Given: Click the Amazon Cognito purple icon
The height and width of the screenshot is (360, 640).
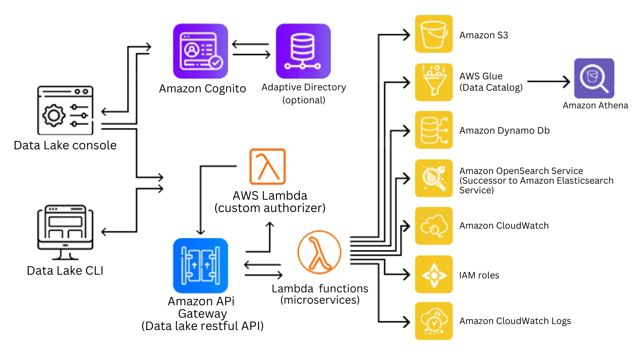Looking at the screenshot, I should pos(200,51).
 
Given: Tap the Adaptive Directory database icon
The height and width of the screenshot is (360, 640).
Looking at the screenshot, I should pos(303,51).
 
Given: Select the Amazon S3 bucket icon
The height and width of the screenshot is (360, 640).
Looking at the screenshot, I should pos(434,34).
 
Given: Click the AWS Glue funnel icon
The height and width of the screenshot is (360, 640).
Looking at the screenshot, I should pos(434,82).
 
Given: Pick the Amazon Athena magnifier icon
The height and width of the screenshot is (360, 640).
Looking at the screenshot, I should pos(594,78).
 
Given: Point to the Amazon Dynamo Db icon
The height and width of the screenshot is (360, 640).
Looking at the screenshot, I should pos(434,130).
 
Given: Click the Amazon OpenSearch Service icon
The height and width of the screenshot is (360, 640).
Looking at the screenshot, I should pos(434,178).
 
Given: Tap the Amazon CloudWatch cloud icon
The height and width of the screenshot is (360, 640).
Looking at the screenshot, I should pos(434,226).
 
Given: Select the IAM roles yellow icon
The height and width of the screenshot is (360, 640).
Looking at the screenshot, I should pos(434,274).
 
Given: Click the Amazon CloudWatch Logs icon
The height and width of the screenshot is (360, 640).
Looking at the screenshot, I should pos(434,321).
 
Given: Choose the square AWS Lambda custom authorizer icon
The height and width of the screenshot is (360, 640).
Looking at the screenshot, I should pos(268,166).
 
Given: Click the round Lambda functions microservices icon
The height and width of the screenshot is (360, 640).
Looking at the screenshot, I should pos(319,252).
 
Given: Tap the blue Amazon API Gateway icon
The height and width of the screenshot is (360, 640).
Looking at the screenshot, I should pos(200,266).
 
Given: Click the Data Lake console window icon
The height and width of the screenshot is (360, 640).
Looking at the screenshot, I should pos(65,110).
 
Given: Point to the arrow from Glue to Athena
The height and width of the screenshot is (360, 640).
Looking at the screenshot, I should pos(548,81).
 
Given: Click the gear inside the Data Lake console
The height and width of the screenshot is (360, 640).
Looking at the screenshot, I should pos(54,115).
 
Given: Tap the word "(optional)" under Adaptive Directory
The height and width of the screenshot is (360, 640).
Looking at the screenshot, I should pos(304,100).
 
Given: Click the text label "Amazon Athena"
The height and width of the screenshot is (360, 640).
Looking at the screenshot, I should pos(595,105).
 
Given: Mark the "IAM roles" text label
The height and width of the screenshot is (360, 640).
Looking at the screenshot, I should pos(479,275).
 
